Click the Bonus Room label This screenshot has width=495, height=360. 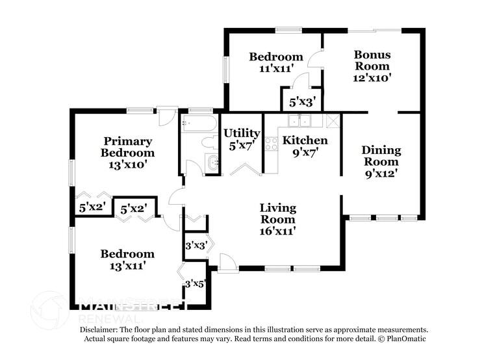tap(372, 66)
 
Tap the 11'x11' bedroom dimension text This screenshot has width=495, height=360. tap(276, 68)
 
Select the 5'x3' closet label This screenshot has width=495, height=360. tap(302, 102)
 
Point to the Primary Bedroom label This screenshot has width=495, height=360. tap(127, 147)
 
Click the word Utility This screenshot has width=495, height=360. tap(242, 133)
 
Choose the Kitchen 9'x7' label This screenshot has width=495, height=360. tap(305, 146)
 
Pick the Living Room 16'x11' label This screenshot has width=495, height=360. tap(277, 219)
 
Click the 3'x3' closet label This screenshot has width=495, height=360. tap(196, 246)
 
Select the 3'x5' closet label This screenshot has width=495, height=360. tap(196, 284)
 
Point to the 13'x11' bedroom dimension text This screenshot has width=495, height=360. tap(127, 265)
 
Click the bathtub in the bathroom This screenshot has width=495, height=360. tap(201, 123)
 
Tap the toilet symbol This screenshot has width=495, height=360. tap(210, 143)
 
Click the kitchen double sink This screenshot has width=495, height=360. tap(300, 120)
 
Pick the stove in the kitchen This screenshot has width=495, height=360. tap(272, 143)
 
